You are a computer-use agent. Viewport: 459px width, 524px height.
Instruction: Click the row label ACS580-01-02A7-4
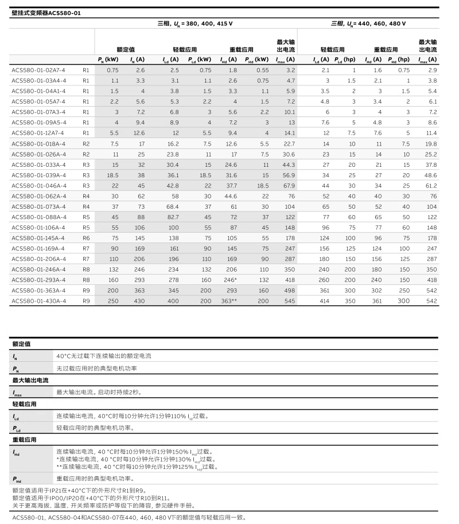tap(39, 69)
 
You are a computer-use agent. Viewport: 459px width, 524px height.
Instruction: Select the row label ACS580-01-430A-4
tap(39, 300)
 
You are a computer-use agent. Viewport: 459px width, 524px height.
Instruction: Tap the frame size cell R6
tap(86, 237)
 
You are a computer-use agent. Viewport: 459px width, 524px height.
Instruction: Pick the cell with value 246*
tap(229, 279)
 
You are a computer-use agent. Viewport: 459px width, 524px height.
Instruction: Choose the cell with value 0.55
tap(262, 69)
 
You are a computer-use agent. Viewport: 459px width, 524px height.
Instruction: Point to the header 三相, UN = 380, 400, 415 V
tap(195, 24)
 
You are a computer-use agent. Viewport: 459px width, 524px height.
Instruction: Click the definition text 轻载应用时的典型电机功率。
tap(95, 428)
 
